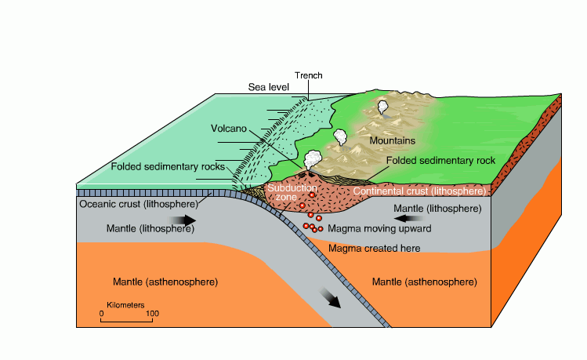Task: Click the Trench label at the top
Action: (308, 75)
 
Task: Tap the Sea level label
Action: (268, 86)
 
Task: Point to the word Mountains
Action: (392, 141)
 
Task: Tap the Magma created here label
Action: (374, 249)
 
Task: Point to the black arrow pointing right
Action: (185, 221)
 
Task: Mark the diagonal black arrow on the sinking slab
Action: (332, 300)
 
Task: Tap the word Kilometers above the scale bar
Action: (127, 304)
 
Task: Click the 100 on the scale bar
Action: (152, 315)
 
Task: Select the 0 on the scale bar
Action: (101, 315)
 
